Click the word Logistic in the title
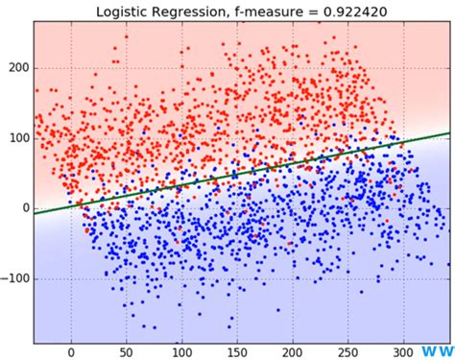point(128,10)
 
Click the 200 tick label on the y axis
point(18,69)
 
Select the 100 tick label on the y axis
point(18,138)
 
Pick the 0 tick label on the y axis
point(25,207)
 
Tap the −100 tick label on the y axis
point(14,277)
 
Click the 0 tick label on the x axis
point(70,351)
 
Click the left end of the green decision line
point(35,212)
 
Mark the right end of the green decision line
point(448,133)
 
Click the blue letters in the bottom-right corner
point(437,351)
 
